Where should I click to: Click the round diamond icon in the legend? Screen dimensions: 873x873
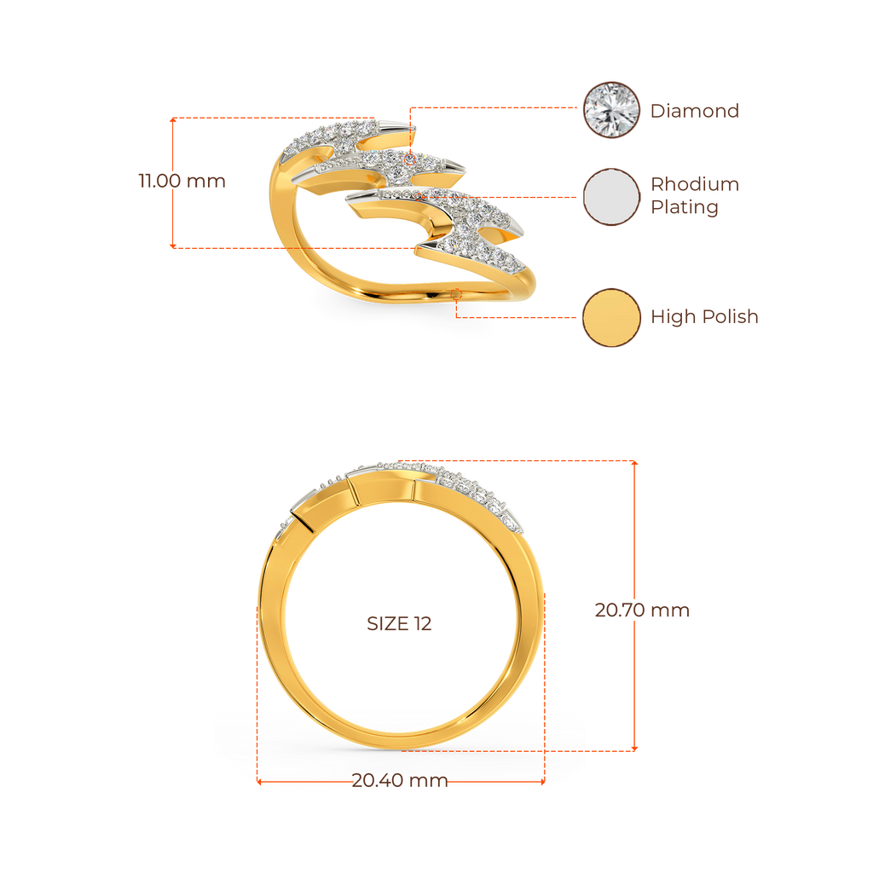click(x=610, y=110)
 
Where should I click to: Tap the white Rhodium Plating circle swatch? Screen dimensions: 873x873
click(x=610, y=197)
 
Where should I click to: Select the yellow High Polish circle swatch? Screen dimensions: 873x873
click(x=610, y=317)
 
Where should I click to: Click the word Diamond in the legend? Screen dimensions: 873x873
click(x=694, y=111)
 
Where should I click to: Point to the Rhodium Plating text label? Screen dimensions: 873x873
click(x=694, y=196)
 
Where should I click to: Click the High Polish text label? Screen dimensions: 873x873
click(x=703, y=317)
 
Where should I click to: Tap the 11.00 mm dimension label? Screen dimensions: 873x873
click(x=182, y=181)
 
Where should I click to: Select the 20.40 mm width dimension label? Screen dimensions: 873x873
click(x=400, y=781)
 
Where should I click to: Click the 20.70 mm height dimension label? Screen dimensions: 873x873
click(x=641, y=610)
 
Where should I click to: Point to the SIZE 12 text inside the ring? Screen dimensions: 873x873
click(x=399, y=623)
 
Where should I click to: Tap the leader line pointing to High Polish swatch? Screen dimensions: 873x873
click(x=520, y=317)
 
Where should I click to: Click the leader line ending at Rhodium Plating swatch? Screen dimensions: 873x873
click(x=529, y=197)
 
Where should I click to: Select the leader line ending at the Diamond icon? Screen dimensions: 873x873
click(x=494, y=108)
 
